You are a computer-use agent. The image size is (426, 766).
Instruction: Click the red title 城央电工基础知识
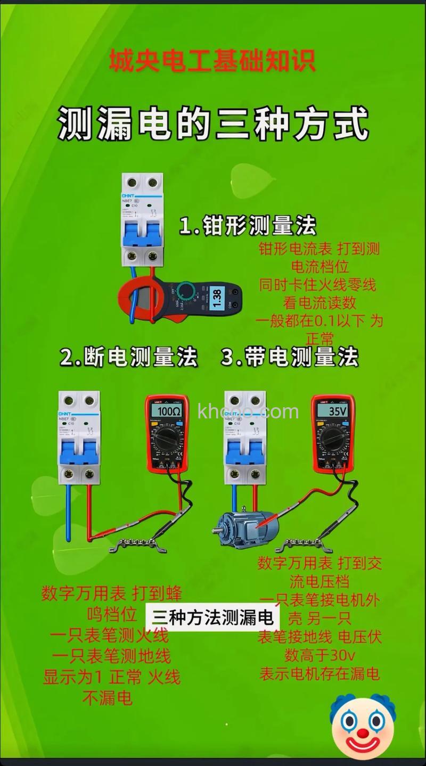[x=212, y=60]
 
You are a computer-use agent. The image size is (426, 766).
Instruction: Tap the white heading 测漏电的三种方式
[x=213, y=123]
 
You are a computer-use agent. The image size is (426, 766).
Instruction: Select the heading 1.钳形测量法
[x=248, y=226]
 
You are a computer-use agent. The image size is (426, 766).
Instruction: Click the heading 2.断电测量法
[x=128, y=357]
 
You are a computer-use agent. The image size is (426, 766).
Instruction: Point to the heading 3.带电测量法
[x=290, y=357]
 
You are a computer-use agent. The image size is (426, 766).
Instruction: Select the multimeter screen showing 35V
[x=333, y=411]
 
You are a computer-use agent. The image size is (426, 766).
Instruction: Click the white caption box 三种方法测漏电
[x=212, y=617]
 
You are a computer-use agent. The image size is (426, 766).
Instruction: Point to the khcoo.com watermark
[x=248, y=411]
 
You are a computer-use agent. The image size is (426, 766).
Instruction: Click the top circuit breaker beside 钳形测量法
[x=142, y=219]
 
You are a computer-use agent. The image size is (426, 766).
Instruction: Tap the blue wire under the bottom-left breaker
[x=69, y=511]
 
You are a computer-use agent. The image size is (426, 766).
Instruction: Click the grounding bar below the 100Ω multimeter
[x=137, y=545]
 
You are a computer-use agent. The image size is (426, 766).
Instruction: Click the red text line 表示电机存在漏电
[x=319, y=673]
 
